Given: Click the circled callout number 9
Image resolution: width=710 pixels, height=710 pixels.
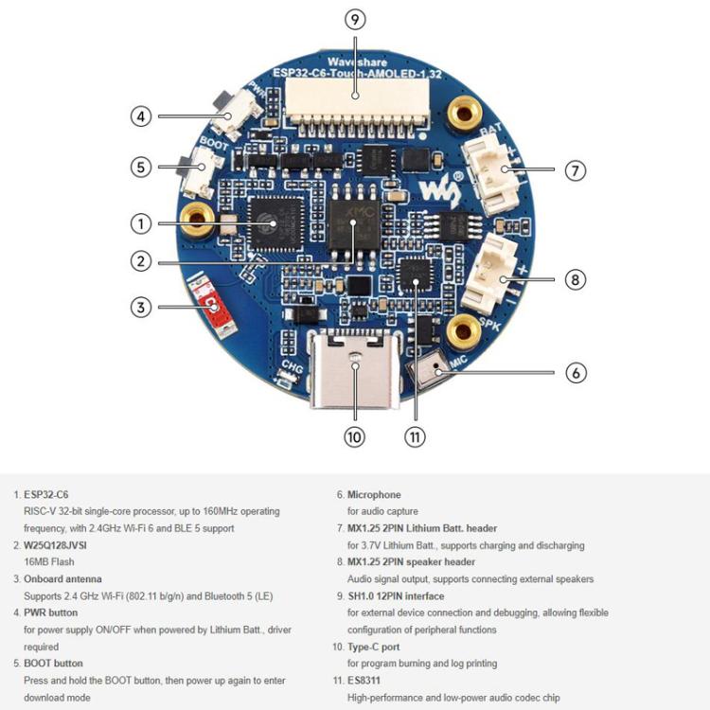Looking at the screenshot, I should [355, 20].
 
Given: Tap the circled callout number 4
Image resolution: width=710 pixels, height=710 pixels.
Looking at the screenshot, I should [141, 116].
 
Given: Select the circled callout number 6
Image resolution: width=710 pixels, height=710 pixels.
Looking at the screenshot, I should [576, 372].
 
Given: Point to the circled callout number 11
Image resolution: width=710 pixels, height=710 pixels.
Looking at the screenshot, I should [415, 436].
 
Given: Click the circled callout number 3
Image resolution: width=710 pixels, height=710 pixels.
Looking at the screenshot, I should [141, 307].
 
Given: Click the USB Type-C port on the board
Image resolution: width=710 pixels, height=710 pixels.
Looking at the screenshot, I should [354, 376].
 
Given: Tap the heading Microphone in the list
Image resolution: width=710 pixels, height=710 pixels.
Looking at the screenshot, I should [374, 494].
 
